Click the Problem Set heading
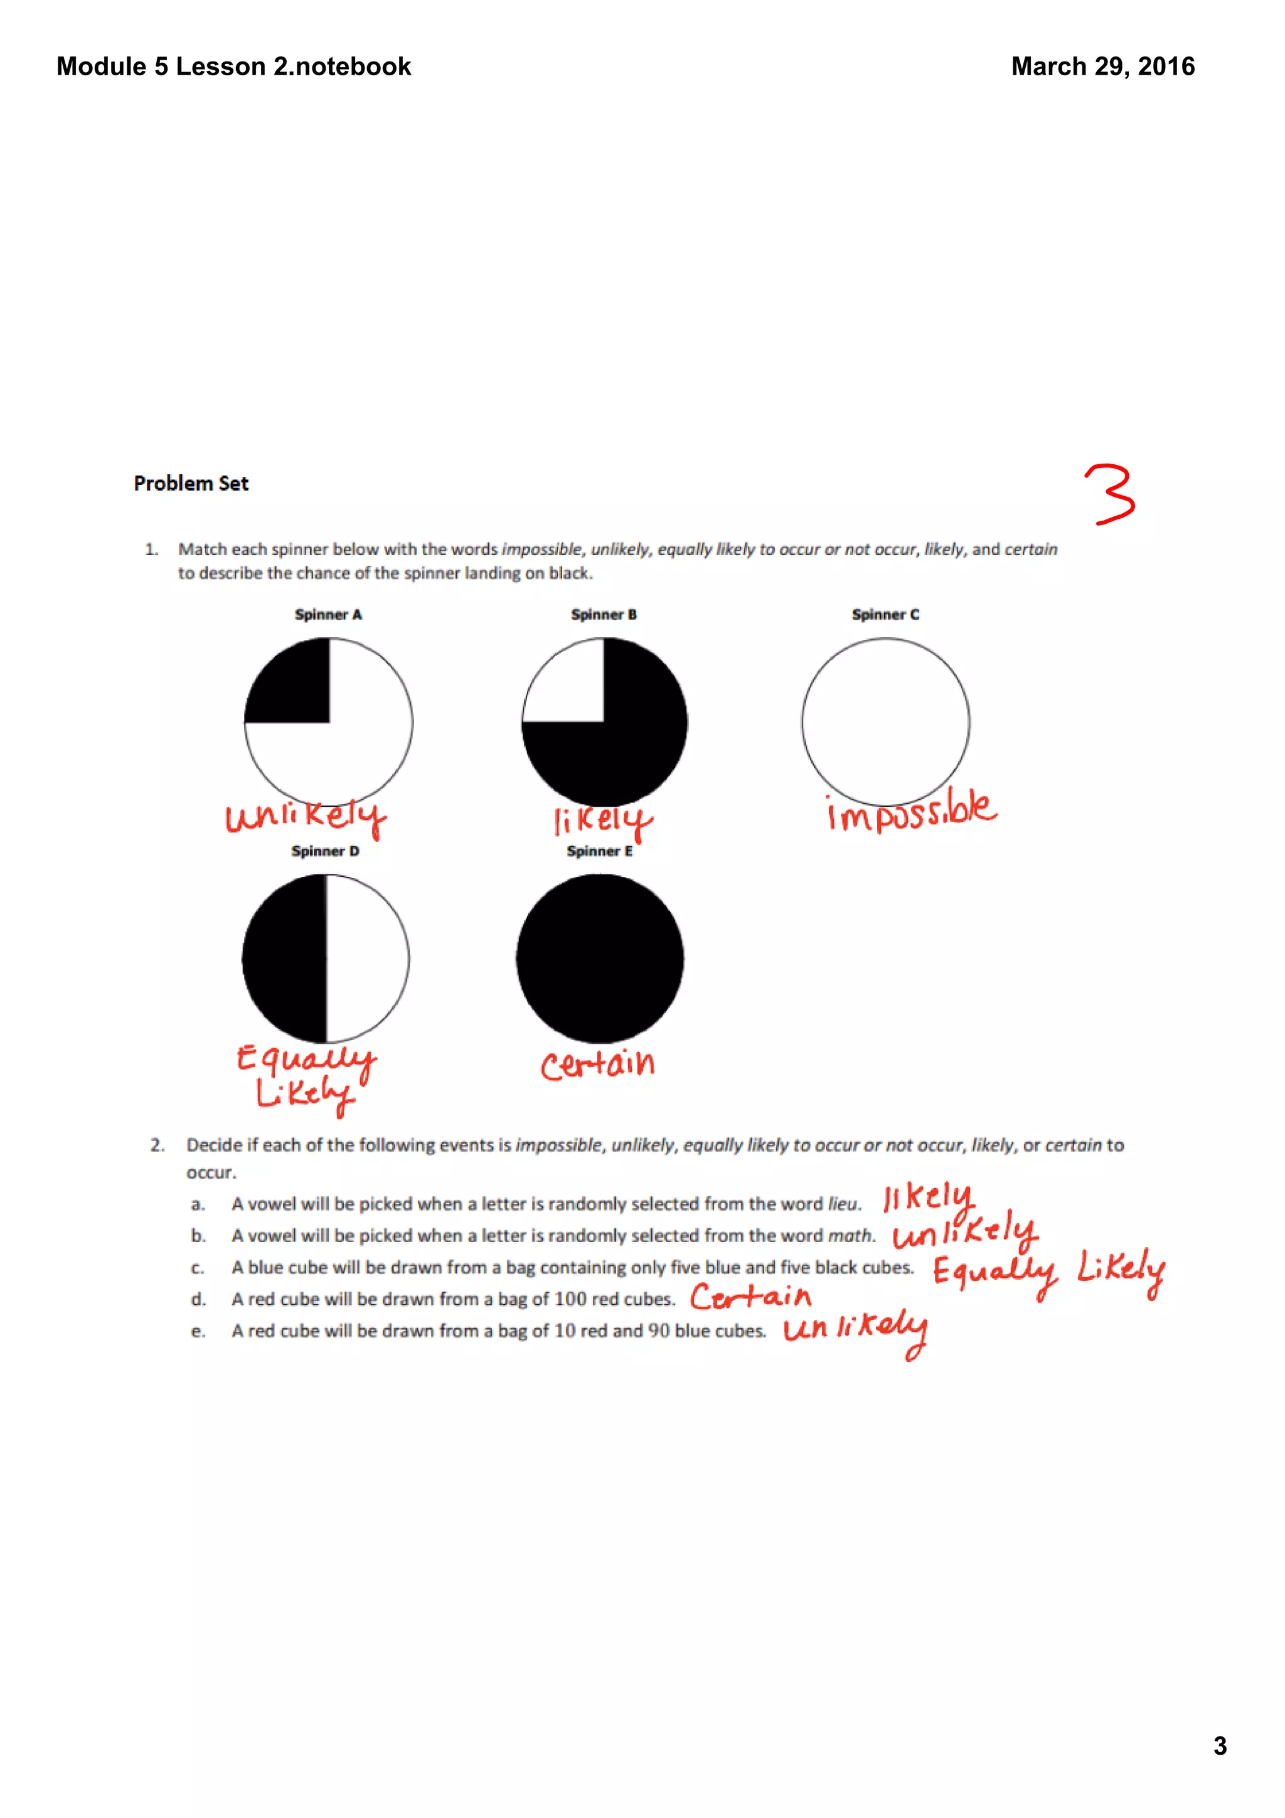click(x=191, y=483)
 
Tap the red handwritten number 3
click(x=1109, y=495)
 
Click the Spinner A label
click(x=328, y=614)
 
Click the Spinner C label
click(x=885, y=614)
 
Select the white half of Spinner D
click(x=364, y=958)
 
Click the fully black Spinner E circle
click(x=600, y=958)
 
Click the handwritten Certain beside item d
click(x=750, y=1297)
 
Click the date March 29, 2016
click(x=1102, y=66)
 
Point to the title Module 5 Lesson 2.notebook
click(x=233, y=66)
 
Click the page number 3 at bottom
click(x=1219, y=1746)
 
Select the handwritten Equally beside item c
click(x=994, y=1272)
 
